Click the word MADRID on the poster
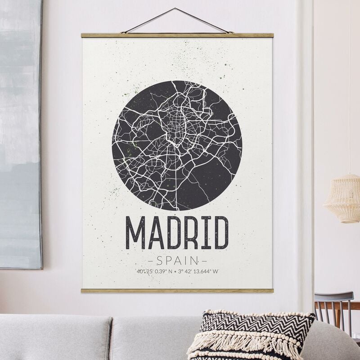[177, 233]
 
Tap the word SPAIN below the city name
[177, 260]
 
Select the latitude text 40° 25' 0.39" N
[154, 271]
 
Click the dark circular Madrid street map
[177, 145]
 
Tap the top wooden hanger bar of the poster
[177, 35]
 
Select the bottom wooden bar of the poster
[177, 291]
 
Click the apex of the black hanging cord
[175, 9]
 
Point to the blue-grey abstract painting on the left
[20, 135]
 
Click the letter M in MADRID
[135, 233]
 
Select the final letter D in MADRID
[220, 233]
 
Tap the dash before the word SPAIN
[150, 261]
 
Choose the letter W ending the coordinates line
[216, 271]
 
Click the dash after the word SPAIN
[204, 261]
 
